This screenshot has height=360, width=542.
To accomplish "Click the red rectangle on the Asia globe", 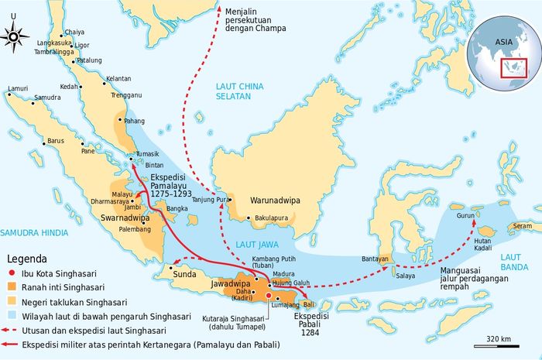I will [514, 67].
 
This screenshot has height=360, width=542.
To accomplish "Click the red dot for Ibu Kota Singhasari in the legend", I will [13, 273].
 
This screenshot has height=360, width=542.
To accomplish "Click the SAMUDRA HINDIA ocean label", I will [29, 232].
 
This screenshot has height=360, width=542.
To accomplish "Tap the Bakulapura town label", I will [271, 218].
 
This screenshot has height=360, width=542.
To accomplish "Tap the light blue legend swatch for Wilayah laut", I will [13, 317].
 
